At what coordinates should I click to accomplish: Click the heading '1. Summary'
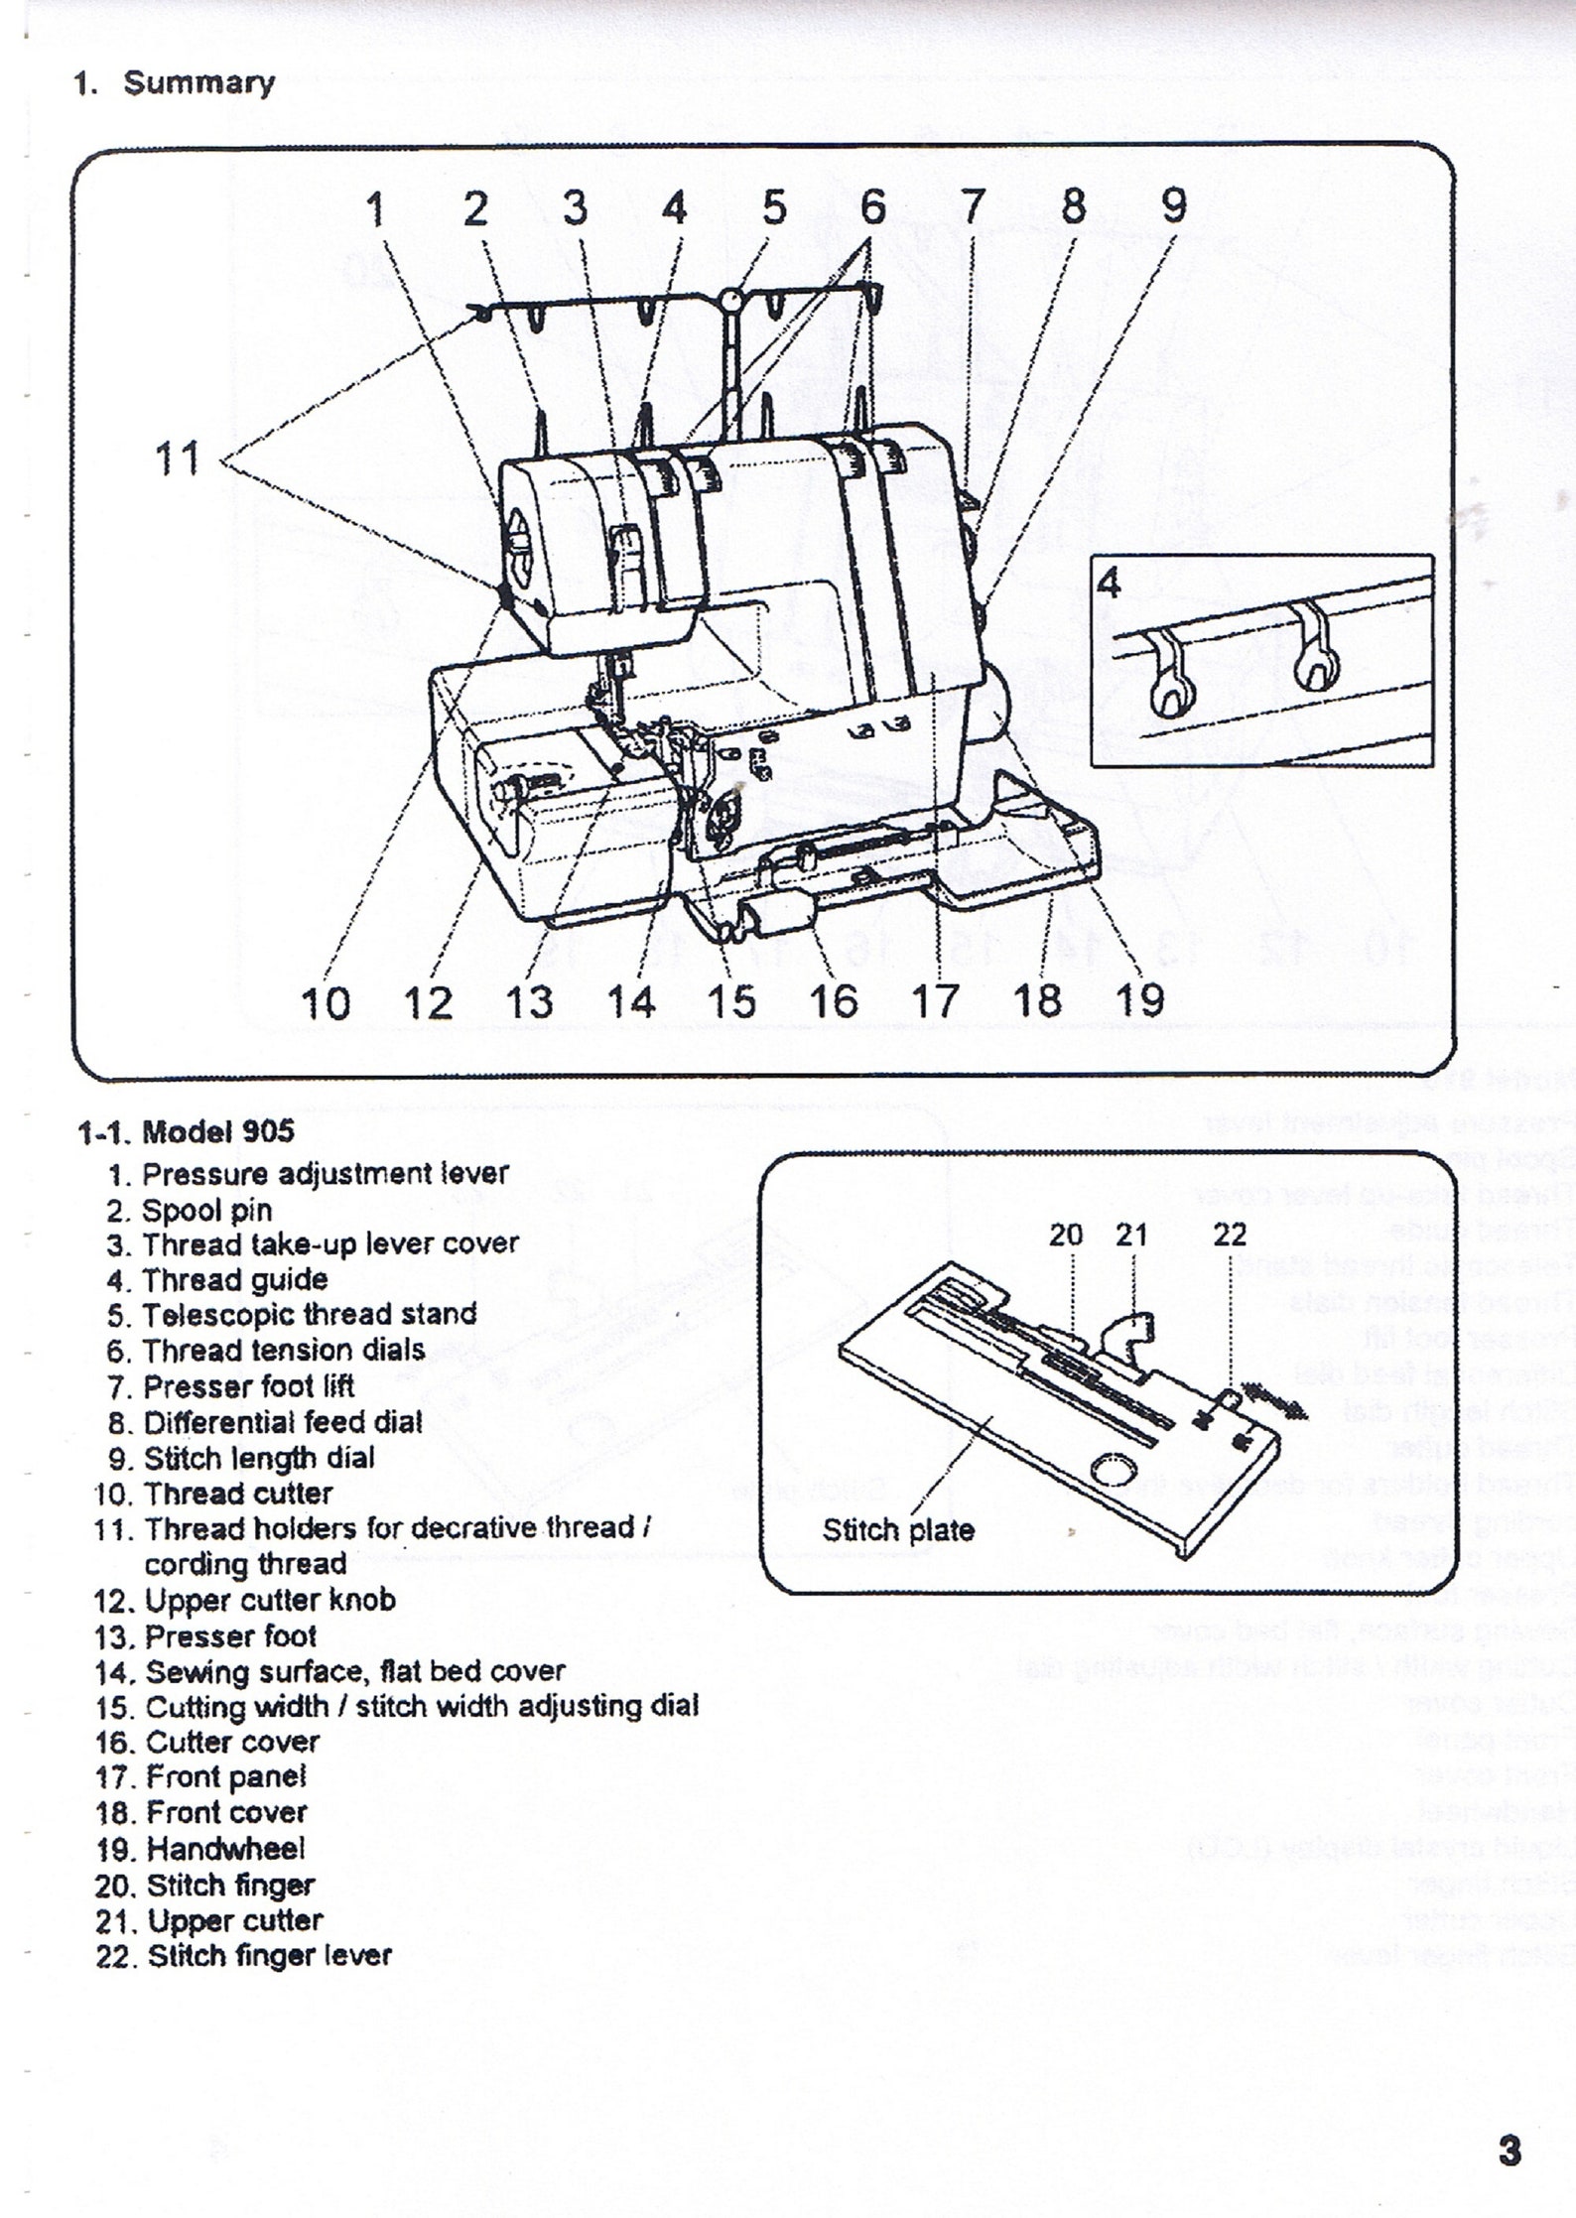[x=175, y=83]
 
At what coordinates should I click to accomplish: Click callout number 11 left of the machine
[x=179, y=459]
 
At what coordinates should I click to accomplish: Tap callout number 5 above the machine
[x=774, y=208]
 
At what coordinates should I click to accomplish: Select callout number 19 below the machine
[x=1140, y=1000]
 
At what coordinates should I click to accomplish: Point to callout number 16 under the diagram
[x=834, y=1000]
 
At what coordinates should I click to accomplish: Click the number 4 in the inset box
[x=1110, y=584]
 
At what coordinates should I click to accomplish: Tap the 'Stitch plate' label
[x=898, y=1530]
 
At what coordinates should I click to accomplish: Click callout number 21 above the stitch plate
[x=1131, y=1236]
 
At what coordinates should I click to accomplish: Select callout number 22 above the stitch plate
[x=1230, y=1236]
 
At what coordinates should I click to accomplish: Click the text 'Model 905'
[x=218, y=1131]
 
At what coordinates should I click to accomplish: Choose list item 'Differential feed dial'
[x=283, y=1422]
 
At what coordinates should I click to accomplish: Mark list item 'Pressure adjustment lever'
[x=326, y=1173]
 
